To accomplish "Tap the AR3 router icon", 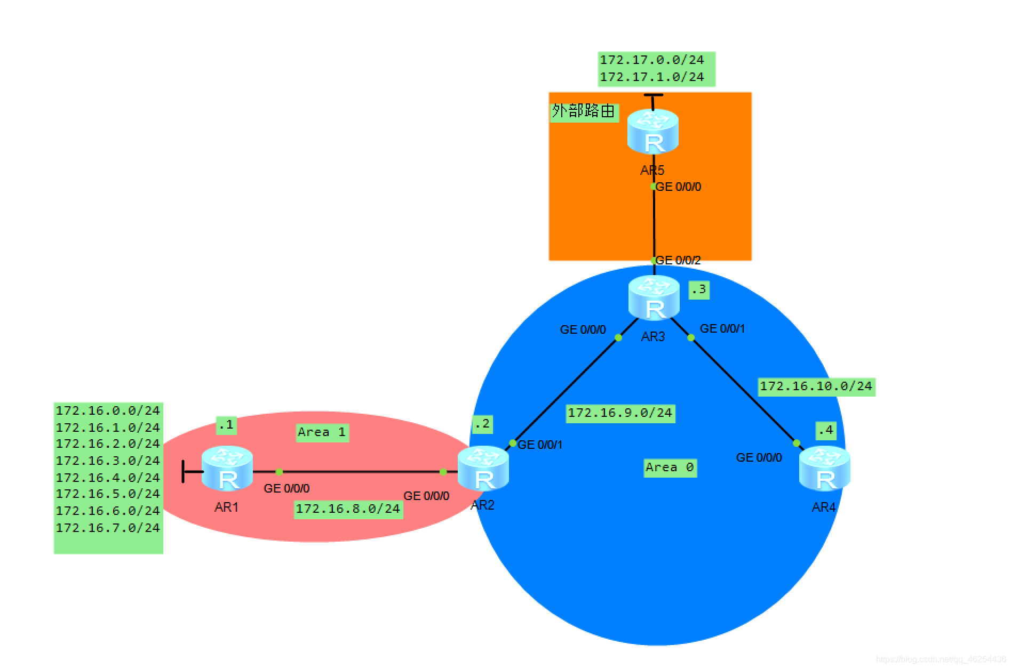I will point(654,298).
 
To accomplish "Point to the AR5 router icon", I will point(653,131).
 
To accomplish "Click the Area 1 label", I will point(322,432).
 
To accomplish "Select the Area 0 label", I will point(670,468).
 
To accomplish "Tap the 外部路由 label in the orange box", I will point(583,111).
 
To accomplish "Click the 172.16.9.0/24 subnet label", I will point(620,413).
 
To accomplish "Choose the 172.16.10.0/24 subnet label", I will point(816,386).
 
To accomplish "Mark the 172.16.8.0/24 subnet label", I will point(348,509).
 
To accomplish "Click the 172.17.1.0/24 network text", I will point(652,77).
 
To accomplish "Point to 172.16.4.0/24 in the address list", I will point(108,478).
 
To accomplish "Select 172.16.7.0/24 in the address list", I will point(108,528).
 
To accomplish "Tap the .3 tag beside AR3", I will point(698,289).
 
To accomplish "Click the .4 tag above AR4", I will point(825,430).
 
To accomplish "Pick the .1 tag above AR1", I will point(226,424).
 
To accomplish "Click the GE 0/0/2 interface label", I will point(678,260).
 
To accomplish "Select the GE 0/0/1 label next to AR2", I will point(540,445).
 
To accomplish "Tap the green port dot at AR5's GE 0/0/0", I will point(654,187).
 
